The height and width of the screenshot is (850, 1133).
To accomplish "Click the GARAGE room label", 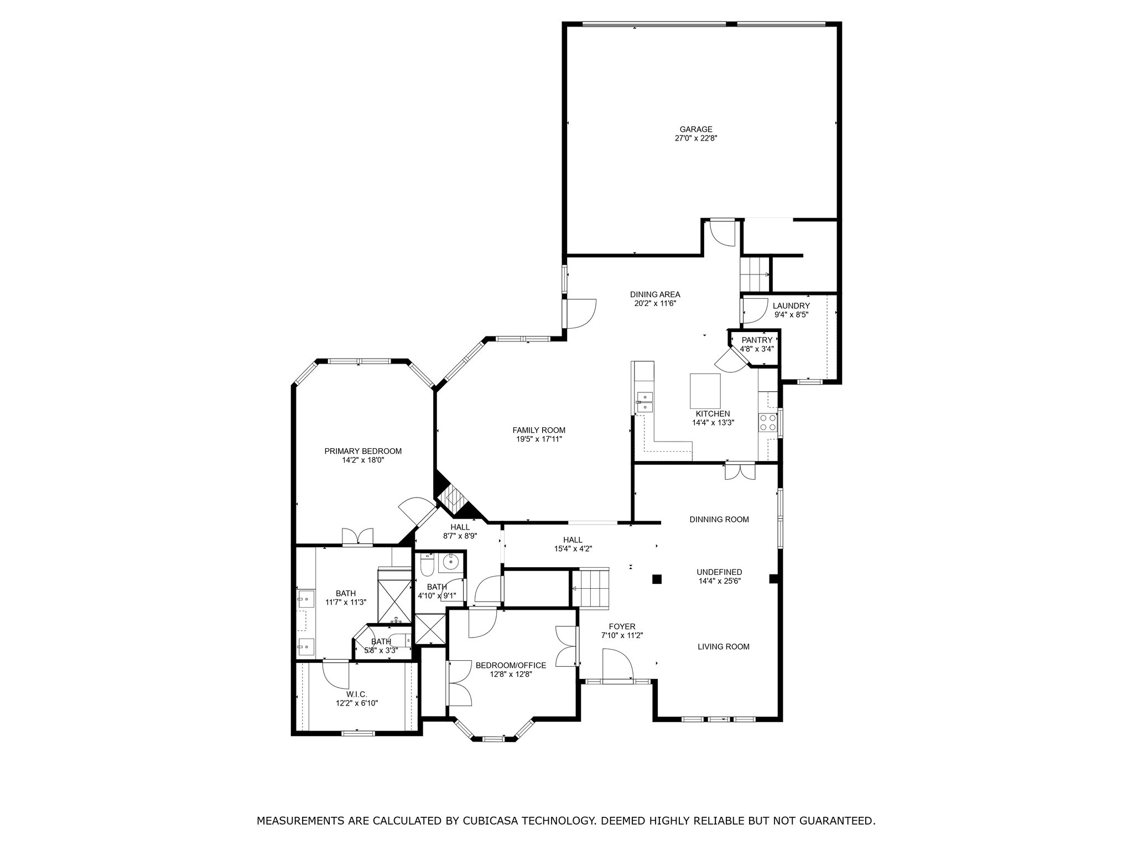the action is (696, 129).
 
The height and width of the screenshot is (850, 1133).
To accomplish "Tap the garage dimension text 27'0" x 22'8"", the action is (696, 138).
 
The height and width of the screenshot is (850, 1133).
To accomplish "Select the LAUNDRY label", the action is (791, 306).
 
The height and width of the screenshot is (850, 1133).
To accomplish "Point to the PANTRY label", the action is (757, 340).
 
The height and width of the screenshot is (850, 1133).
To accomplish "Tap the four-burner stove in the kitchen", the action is (767, 423).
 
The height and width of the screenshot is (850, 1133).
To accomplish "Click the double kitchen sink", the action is (645, 402).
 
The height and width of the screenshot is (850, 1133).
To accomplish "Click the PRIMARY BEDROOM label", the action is (363, 451).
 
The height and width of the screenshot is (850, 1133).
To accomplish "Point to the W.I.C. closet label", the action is (357, 694).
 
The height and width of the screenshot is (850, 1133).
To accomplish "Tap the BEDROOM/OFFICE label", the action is (511, 665).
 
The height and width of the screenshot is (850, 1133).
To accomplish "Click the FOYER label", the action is (622, 626).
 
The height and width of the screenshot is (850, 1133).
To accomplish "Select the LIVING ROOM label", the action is (724, 646).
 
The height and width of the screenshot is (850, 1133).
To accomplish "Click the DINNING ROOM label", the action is (719, 519).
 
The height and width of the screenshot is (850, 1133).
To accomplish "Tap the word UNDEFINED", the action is (719, 572).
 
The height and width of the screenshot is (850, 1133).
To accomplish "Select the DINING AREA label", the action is (655, 294).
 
